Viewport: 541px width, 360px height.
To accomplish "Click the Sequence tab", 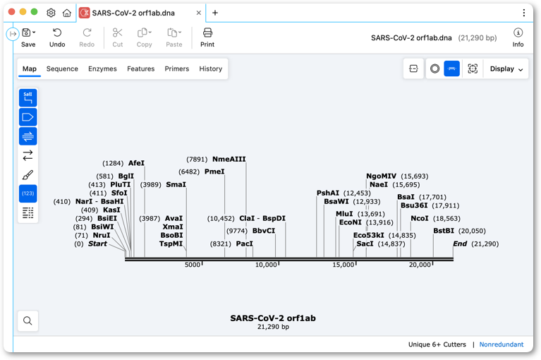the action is (x=62, y=68).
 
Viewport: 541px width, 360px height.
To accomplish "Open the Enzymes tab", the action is (x=102, y=68).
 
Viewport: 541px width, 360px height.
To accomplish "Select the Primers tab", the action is (x=176, y=68).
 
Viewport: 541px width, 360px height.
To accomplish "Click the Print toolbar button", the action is (x=207, y=37).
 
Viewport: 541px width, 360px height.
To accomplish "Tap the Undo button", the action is (x=57, y=37).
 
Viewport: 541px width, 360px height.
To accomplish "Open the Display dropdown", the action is (x=506, y=68).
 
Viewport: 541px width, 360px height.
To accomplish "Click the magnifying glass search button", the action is (x=28, y=321).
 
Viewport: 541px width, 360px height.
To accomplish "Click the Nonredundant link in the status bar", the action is (x=502, y=344).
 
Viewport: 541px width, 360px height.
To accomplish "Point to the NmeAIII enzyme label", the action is (x=229, y=159).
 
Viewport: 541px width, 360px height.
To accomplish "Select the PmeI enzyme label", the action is (x=214, y=172).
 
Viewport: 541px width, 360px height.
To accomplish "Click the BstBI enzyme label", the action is (x=444, y=231).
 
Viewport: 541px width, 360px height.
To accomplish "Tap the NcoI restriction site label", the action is (x=420, y=218).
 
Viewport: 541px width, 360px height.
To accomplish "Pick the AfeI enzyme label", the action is (x=136, y=163).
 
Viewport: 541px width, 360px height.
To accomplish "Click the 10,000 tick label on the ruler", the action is (x=266, y=265).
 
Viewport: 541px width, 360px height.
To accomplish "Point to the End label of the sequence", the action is (x=460, y=244).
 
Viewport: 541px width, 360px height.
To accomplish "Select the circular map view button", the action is (x=434, y=68).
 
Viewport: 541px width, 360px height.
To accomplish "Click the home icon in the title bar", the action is (x=66, y=13).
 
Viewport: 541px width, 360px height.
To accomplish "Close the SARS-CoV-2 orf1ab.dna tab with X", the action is (x=199, y=13).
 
